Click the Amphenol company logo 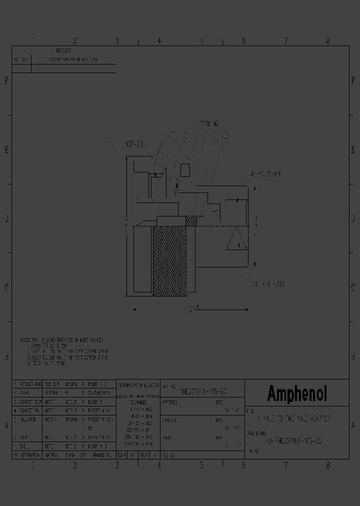297,393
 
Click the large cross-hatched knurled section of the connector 170,260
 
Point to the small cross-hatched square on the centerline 191,220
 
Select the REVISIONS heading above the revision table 63,51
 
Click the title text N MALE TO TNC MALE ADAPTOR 293,417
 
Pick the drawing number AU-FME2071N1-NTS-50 293,441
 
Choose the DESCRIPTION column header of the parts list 29,455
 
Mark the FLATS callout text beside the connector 270,283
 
